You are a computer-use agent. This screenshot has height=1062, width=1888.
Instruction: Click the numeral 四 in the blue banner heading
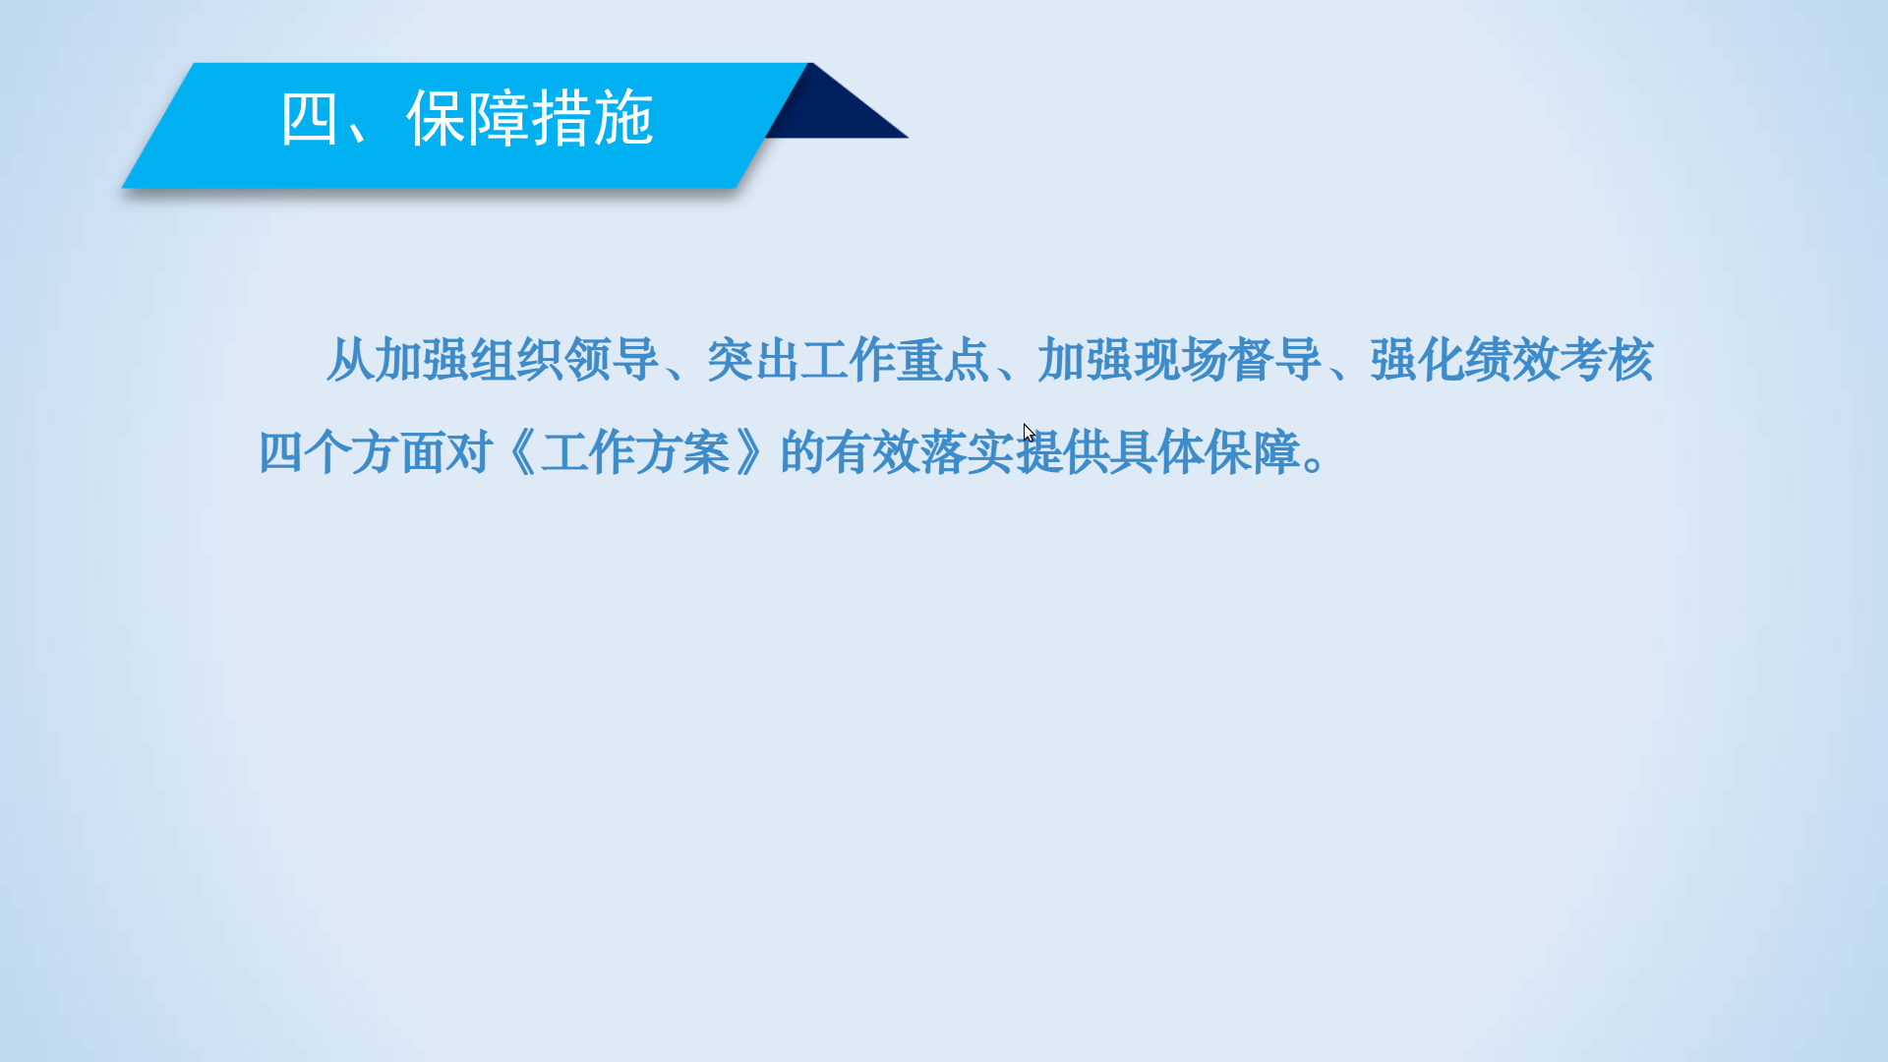[309, 119]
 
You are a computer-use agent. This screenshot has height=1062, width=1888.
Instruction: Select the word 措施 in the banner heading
[592, 119]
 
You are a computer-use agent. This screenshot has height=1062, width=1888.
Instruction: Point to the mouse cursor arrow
[1029, 433]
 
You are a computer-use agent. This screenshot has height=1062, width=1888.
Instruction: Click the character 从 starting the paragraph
[349, 360]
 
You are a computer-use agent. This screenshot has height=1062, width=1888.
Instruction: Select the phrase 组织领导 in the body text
[563, 360]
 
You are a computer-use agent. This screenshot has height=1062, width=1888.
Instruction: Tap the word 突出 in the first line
[753, 360]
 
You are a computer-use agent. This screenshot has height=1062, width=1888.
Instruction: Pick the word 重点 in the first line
[943, 360]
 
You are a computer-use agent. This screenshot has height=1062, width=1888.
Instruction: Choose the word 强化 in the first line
[1417, 360]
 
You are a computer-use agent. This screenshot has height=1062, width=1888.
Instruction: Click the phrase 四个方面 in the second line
[351, 453]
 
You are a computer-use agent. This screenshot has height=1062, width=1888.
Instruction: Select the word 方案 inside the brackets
[681, 453]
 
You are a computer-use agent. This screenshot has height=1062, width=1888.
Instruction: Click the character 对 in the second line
[469, 453]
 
